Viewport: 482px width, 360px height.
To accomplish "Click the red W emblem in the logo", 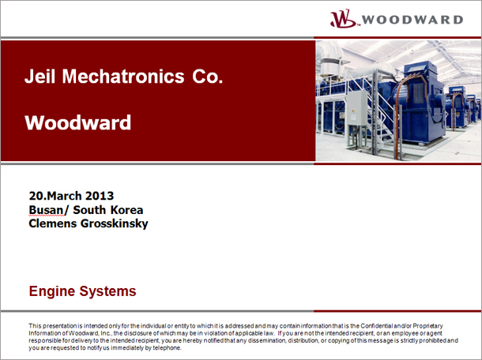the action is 343,18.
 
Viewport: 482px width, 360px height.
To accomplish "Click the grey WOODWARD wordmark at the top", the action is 412,20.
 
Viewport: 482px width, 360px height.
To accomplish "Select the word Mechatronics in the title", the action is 123,76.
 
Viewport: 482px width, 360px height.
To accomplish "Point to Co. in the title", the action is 208,76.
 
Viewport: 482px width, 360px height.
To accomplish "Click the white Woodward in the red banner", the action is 78,122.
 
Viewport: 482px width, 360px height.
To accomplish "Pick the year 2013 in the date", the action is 100,196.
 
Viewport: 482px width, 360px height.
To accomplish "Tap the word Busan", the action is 46,210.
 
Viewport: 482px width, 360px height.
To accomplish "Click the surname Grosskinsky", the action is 114,224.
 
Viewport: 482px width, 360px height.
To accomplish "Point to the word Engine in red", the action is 52,291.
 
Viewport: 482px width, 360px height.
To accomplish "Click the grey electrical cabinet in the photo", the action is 356,108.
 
